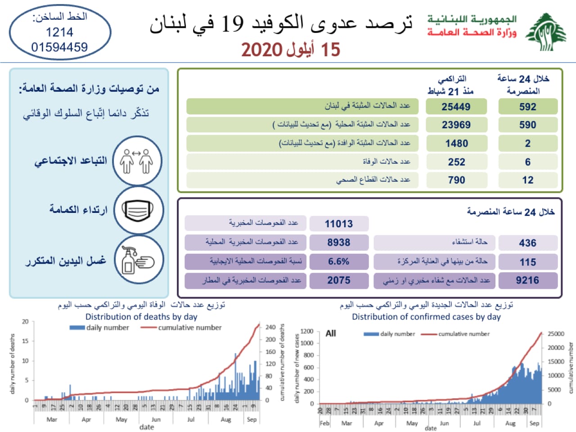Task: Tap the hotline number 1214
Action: tap(59, 32)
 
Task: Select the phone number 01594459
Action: tap(59, 47)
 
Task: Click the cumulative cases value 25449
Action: tap(456, 107)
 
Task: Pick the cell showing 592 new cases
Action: tap(527, 107)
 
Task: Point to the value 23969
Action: tap(456, 125)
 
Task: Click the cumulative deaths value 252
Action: tap(456, 162)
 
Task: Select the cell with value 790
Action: tap(456, 180)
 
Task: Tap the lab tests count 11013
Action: tap(339, 224)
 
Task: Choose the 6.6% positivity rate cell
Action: tap(339, 261)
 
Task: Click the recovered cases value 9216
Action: tap(527, 280)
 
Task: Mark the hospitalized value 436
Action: tap(527, 243)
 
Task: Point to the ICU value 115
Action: tap(527, 262)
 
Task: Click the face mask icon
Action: tap(137, 211)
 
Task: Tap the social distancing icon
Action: tap(137, 161)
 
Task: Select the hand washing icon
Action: tap(137, 260)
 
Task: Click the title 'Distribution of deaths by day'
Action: tap(141, 316)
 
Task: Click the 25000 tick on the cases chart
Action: tap(556, 334)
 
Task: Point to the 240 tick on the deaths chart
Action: tap(270, 327)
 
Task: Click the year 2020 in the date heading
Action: tap(261, 49)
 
